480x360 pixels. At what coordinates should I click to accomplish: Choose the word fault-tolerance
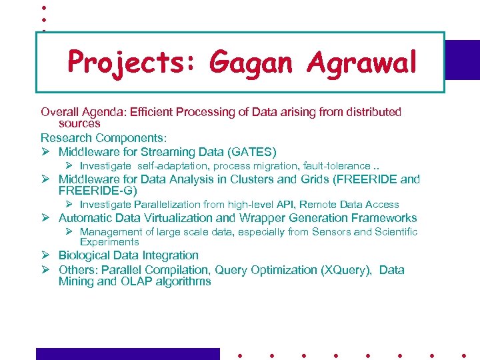point(336,165)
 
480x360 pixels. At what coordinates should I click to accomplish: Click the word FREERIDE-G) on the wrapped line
point(98,191)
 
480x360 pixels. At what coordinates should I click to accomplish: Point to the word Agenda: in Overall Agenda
point(103,112)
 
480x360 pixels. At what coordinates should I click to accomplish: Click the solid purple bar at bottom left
point(127,353)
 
